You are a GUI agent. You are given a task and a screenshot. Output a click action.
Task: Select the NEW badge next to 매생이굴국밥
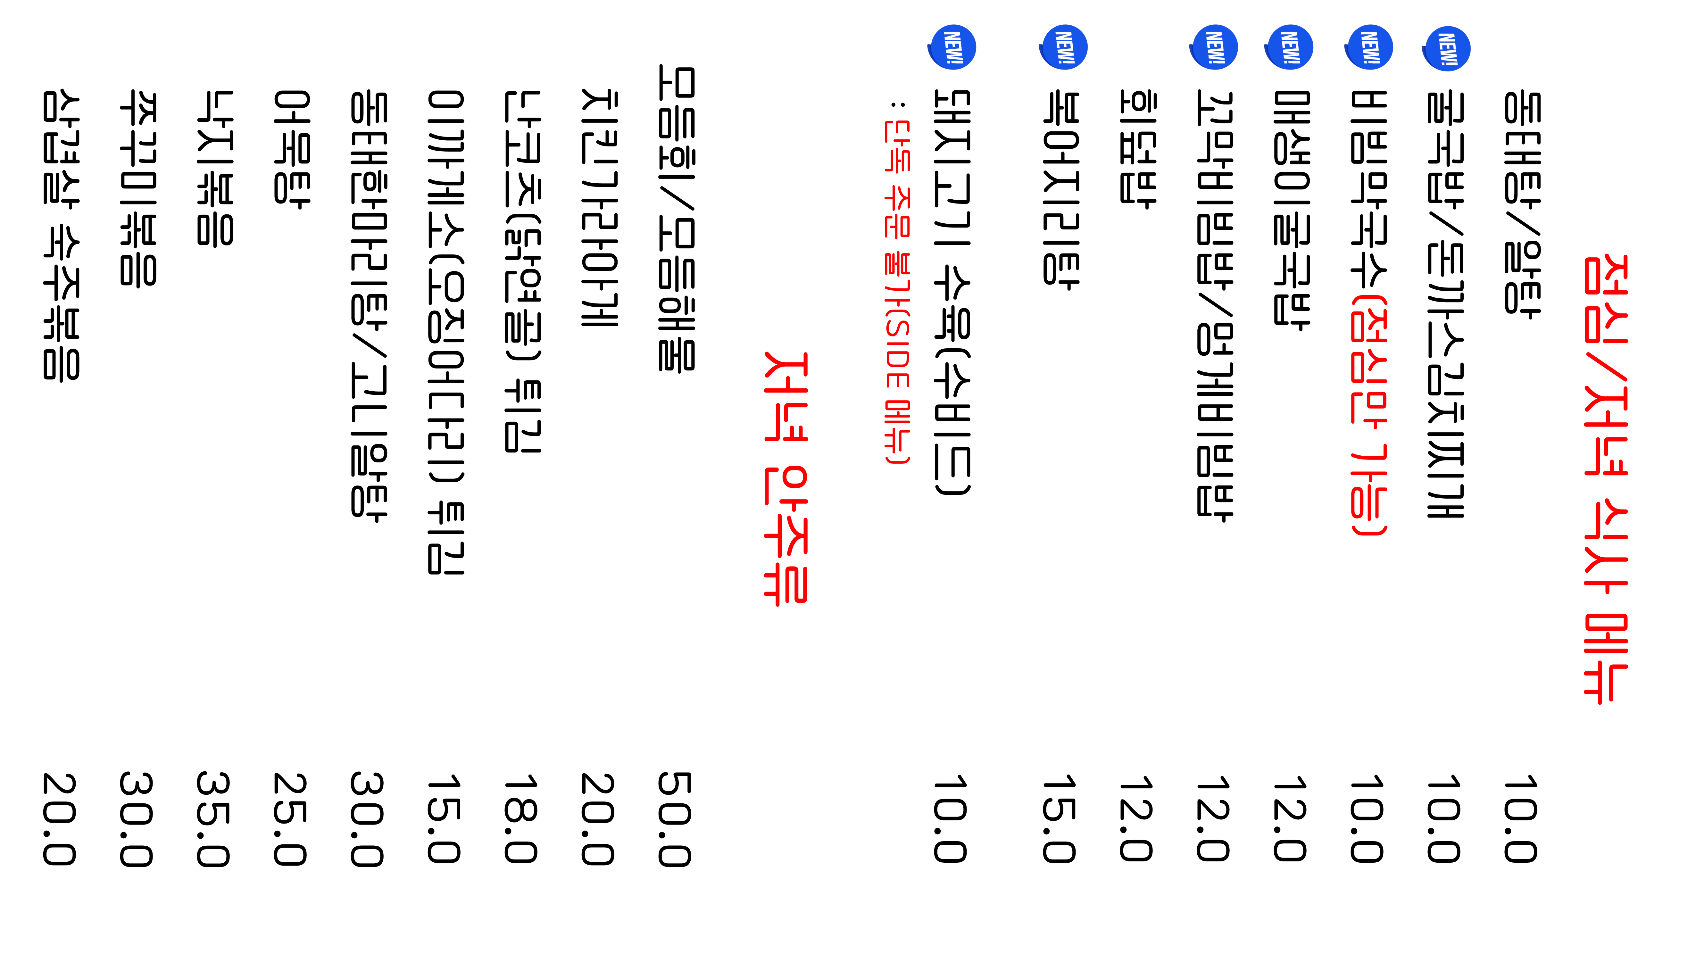point(1288,47)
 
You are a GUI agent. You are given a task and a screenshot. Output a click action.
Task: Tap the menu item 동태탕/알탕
point(1522,204)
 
